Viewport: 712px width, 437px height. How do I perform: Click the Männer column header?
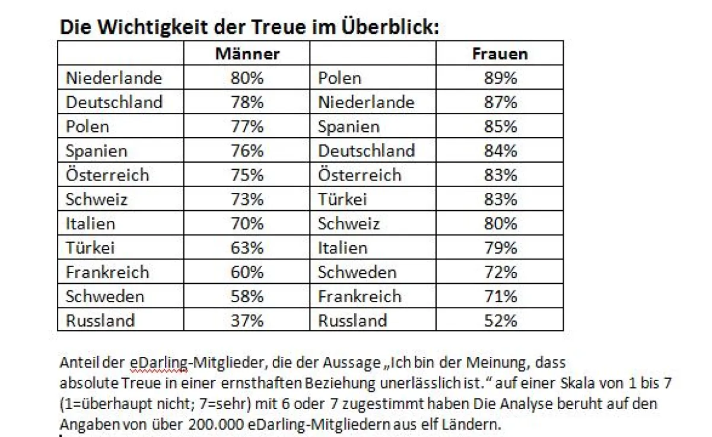tap(247, 53)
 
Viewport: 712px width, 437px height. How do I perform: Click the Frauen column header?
tap(500, 53)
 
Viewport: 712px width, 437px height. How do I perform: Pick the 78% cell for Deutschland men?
tap(247, 102)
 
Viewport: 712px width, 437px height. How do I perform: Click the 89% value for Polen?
tap(500, 78)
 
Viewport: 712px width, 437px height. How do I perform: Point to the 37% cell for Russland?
tap(247, 321)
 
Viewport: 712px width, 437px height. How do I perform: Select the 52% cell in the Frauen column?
tap(500, 321)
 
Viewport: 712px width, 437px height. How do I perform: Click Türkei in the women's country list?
tap(342, 199)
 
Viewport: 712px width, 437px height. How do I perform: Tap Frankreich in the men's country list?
tap(107, 272)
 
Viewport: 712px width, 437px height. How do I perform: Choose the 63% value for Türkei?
tap(247, 248)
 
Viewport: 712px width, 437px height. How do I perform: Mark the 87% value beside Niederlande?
tap(500, 102)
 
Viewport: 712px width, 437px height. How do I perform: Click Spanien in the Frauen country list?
tap(348, 126)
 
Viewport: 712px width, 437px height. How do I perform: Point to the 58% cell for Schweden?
tap(247, 296)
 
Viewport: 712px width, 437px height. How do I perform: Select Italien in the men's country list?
tap(90, 224)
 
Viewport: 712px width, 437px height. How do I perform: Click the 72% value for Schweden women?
tap(500, 272)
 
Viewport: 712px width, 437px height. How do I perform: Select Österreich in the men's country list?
tap(107, 175)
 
